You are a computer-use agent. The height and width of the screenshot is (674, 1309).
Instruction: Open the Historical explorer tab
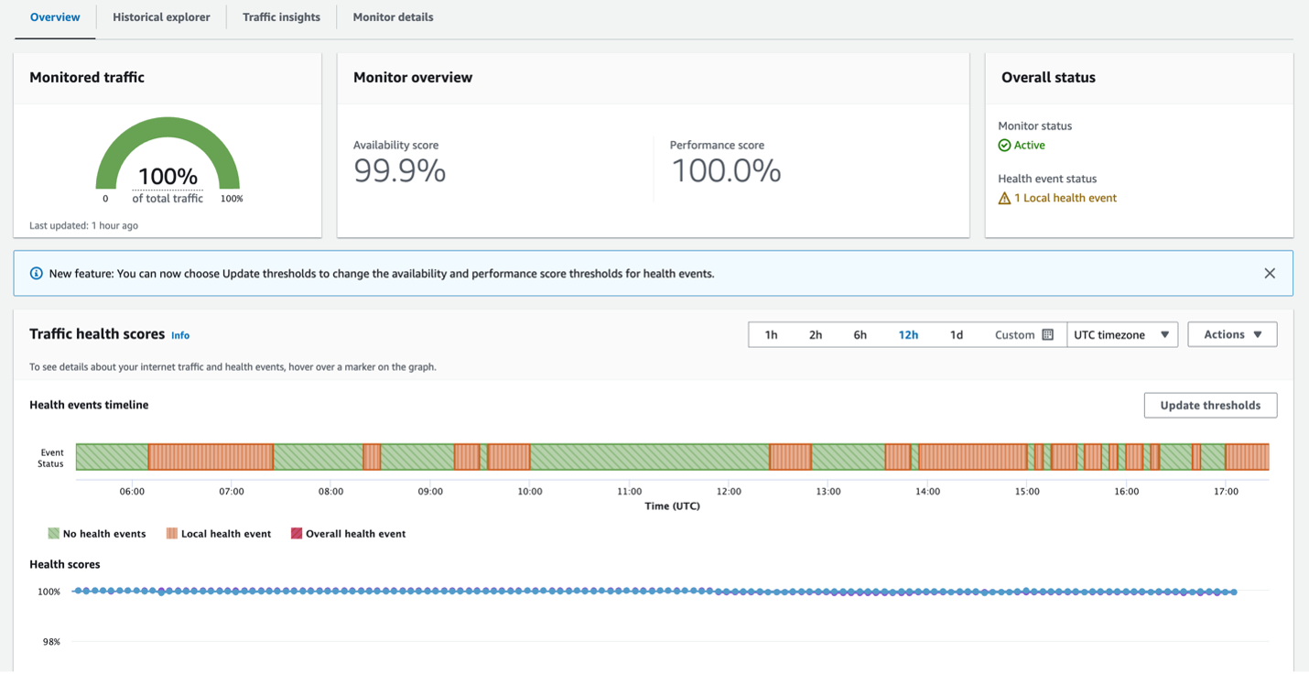pyautogui.click(x=161, y=17)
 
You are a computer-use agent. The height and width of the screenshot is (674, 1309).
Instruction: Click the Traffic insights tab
pyautogui.click(x=281, y=17)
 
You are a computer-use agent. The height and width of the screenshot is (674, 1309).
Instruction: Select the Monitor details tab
pyautogui.click(x=393, y=17)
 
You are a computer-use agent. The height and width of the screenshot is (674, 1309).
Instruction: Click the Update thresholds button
pyautogui.click(x=1209, y=406)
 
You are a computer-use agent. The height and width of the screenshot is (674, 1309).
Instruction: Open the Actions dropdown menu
pyautogui.click(x=1232, y=335)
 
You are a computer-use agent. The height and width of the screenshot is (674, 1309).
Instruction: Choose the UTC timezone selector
pyautogui.click(x=1121, y=335)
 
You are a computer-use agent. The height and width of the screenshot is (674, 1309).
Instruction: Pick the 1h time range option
pyautogui.click(x=771, y=335)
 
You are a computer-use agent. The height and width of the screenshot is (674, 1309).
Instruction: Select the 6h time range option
pyautogui.click(x=860, y=335)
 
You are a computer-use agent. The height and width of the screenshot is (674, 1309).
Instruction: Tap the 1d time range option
pyautogui.click(x=956, y=335)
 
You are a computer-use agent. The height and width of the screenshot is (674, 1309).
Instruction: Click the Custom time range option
pyautogui.click(x=1023, y=335)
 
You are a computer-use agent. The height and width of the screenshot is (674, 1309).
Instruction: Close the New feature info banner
pyautogui.click(x=1269, y=274)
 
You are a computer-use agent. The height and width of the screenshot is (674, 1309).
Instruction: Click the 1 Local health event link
pyautogui.click(x=1065, y=198)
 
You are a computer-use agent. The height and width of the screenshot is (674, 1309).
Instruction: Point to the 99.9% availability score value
pyautogui.click(x=399, y=171)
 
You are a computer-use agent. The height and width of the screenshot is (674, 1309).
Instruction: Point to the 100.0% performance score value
pyautogui.click(x=726, y=171)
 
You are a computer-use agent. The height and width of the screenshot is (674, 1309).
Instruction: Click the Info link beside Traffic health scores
pyautogui.click(x=180, y=336)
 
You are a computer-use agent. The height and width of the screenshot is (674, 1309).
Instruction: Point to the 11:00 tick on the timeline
pyautogui.click(x=629, y=492)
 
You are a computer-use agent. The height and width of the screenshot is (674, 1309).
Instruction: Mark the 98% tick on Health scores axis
pyautogui.click(x=51, y=642)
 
